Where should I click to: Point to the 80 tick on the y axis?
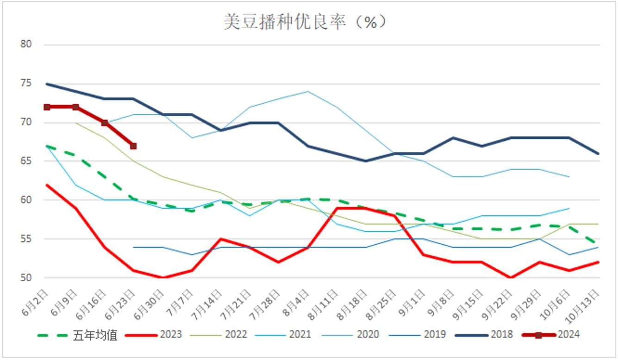[26, 45]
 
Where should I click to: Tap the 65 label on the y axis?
[26, 161]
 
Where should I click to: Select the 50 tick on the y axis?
[26, 278]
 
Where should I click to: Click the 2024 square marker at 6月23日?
[133, 146]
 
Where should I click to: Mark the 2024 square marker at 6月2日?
[47, 107]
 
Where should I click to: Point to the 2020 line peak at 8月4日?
[307, 92]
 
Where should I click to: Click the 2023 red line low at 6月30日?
[162, 278]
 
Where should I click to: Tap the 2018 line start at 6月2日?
[47, 84]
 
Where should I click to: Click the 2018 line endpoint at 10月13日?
[599, 154]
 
